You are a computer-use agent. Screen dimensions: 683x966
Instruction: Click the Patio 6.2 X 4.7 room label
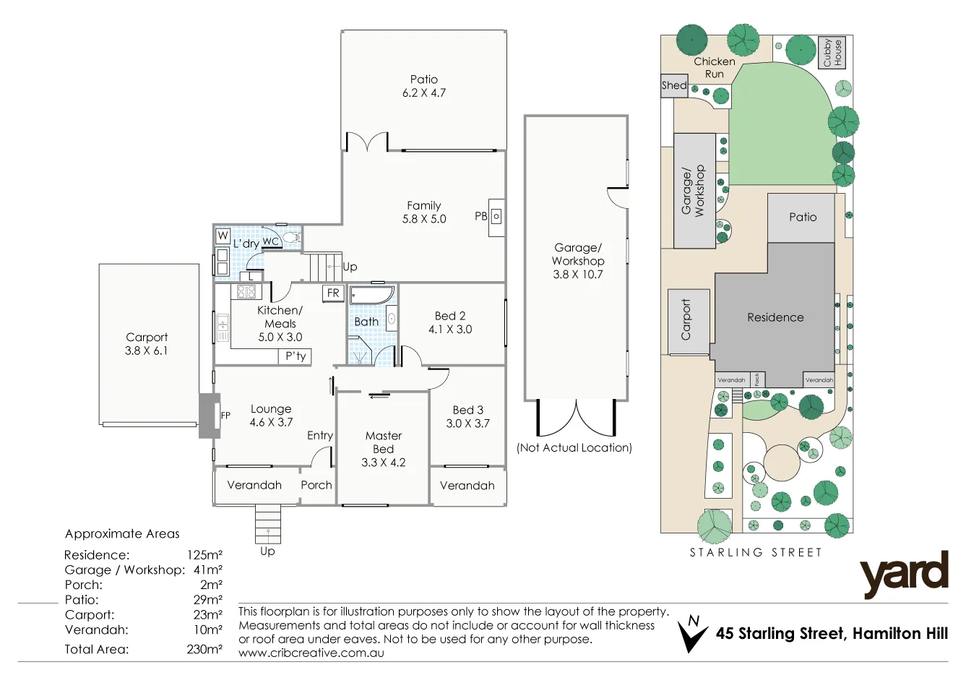click(x=424, y=86)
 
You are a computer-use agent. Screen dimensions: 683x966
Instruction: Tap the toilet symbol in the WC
click(x=290, y=237)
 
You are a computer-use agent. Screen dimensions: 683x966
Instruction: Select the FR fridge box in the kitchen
click(x=333, y=293)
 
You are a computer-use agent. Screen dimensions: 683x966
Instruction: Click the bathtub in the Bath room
click(x=371, y=296)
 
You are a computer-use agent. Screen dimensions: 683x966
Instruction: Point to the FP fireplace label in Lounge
click(x=225, y=416)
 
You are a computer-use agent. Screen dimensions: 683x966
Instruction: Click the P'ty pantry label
click(x=296, y=356)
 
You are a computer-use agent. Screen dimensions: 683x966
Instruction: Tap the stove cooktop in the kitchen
click(x=246, y=292)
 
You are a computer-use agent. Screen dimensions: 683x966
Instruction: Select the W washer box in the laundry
click(x=223, y=236)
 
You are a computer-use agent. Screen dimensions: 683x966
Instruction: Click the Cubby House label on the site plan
click(x=832, y=53)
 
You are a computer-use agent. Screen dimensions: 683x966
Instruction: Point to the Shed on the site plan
click(x=673, y=85)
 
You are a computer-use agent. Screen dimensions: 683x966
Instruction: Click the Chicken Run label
click(x=714, y=67)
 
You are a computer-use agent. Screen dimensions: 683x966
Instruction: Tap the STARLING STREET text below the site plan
click(x=756, y=552)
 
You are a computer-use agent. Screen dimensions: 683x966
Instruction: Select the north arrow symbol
click(x=694, y=634)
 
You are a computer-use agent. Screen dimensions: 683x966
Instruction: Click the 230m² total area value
click(x=204, y=649)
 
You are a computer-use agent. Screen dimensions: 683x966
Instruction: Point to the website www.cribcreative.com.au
click(x=311, y=653)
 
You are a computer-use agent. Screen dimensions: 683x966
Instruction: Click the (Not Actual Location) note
click(x=574, y=447)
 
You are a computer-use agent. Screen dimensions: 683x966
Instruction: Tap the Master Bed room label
click(x=384, y=449)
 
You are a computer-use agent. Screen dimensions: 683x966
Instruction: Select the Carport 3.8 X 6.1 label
click(x=147, y=344)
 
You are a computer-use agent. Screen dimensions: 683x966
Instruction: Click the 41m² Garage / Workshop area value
click(x=208, y=570)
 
